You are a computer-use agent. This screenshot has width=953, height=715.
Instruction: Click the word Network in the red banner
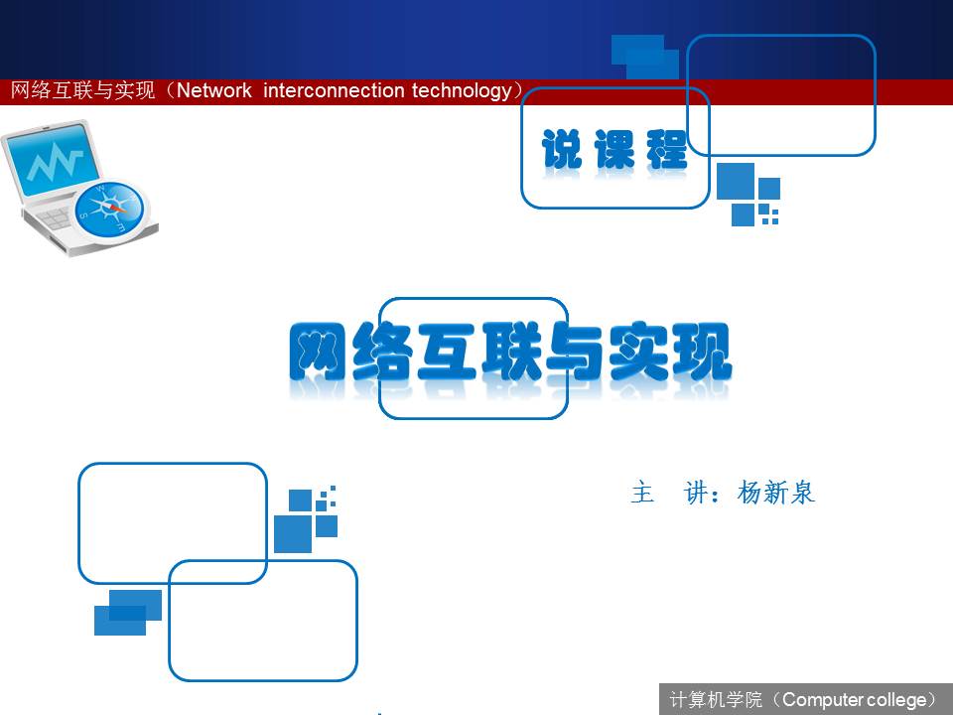pyautogui.click(x=214, y=90)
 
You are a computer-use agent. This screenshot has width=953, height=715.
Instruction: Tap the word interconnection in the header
pyautogui.click(x=334, y=90)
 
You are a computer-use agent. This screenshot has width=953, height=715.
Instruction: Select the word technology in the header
pyautogui.click(x=462, y=91)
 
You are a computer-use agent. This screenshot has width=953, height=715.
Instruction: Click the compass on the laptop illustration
pyautogui.click(x=110, y=211)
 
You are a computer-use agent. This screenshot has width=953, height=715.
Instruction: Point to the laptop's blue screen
pyautogui.click(x=53, y=159)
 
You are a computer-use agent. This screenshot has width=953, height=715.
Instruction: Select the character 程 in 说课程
pyautogui.click(x=667, y=149)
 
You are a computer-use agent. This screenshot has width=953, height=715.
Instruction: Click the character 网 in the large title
pyautogui.click(x=319, y=352)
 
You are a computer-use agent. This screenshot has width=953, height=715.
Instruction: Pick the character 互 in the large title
pyautogui.click(x=446, y=352)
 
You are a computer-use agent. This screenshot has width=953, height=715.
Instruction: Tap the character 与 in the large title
pyautogui.click(x=575, y=352)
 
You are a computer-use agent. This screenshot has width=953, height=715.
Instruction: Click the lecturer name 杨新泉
pyautogui.click(x=775, y=493)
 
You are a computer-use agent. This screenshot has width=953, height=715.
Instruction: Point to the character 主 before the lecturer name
pyautogui.click(x=642, y=493)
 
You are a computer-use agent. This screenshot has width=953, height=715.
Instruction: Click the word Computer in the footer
pyautogui.click(x=823, y=700)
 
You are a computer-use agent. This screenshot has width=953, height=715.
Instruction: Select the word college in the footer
pyautogui.click(x=897, y=700)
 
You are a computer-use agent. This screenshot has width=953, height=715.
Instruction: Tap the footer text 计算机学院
pyautogui.click(x=716, y=700)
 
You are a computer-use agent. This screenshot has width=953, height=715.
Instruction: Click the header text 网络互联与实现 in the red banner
pyautogui.click(x=83, y=90)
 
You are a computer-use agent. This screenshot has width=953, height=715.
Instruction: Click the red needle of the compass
pyautogui.click(x=116, y=209)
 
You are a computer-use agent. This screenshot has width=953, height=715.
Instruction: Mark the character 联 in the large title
pyautogui.click(x=510, y=352)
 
